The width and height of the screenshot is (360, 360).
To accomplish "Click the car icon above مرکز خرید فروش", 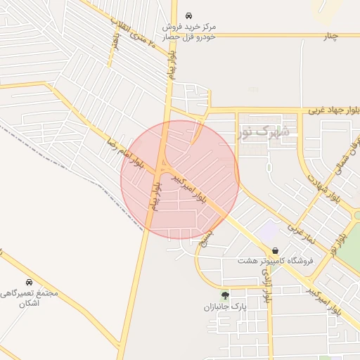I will [x=188, y=15].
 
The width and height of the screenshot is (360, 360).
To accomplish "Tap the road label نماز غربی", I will [x=304, y=236].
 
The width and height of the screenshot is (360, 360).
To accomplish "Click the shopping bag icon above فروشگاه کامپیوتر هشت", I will [x=275, y=250].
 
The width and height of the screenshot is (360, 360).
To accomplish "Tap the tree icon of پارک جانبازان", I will [x=225, y=295].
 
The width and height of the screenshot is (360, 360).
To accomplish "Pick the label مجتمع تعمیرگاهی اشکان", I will [x=30, y=298].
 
